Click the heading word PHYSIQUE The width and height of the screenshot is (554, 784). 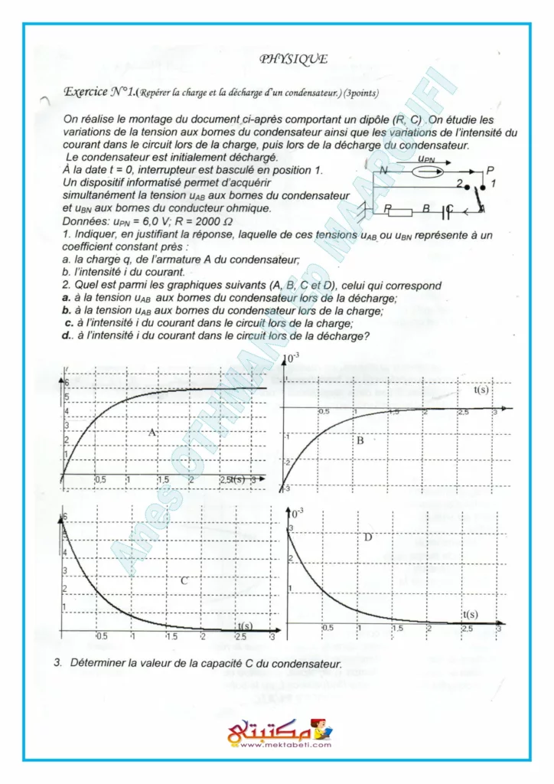[x=294, y=58]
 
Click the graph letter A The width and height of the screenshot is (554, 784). [x=152, y=433]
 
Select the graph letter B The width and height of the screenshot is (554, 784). [x=360, y=440]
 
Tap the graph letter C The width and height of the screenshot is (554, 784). [x=184, y=581]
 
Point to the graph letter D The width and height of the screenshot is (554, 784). [x=367, y=537]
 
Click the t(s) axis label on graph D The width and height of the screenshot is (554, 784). [x=471, y=615]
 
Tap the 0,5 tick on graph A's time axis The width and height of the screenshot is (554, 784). [x=99, y=479]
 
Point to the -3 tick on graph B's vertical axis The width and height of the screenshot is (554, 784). [x=285, y=488]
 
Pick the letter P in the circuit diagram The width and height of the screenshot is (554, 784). [x=490, y=170]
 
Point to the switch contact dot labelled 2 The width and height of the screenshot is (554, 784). [x=466, y=186]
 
